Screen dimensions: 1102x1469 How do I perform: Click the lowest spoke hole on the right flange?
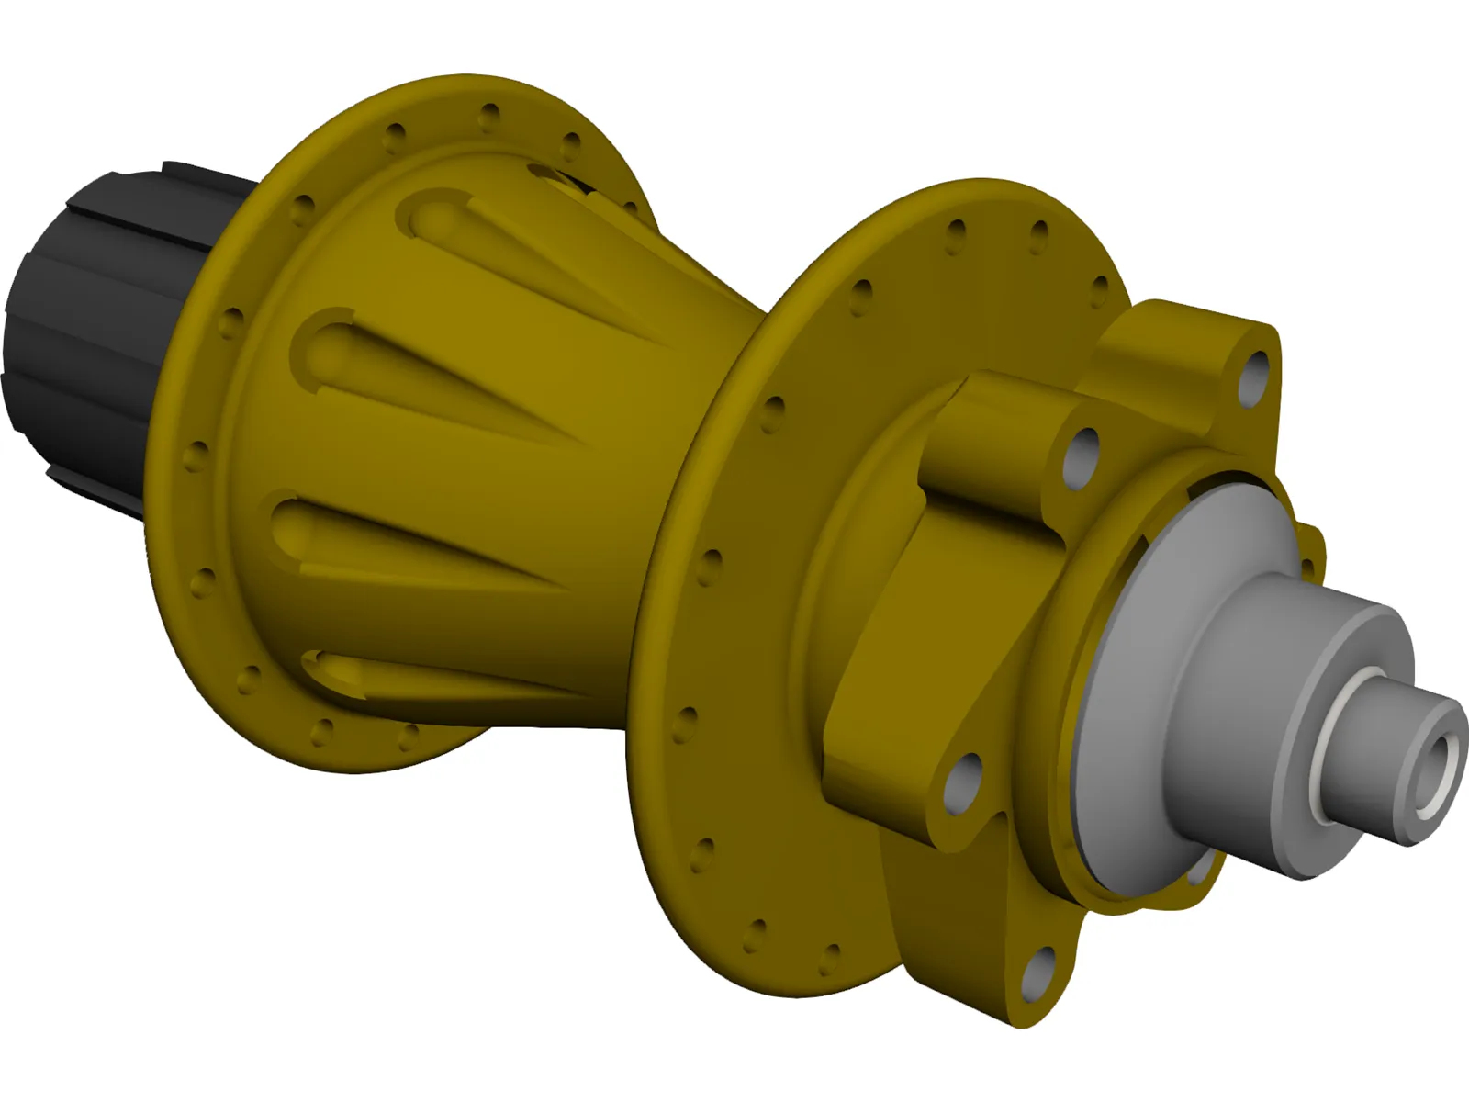coord(830,956)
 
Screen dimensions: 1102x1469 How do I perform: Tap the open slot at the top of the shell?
coord(560,179)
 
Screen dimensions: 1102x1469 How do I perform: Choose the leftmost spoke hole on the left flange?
coord(196,455)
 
